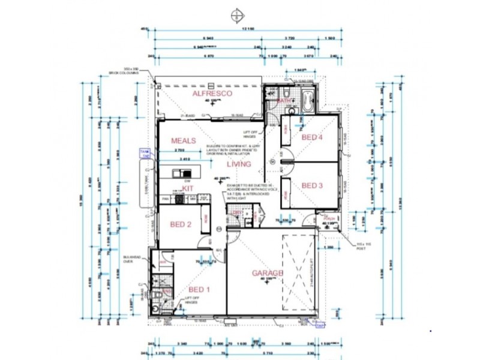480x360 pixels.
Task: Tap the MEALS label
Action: tap(184, 140)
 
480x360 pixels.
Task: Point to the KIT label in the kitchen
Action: tap(188, 187)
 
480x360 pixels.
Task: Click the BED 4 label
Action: tap(312, 137)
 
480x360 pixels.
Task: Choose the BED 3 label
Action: tap(312, 185)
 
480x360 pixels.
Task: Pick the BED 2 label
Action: tap(180, 224)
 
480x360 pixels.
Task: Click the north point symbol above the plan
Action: tap(239, 14)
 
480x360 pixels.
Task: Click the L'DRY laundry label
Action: tap(236, 212)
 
